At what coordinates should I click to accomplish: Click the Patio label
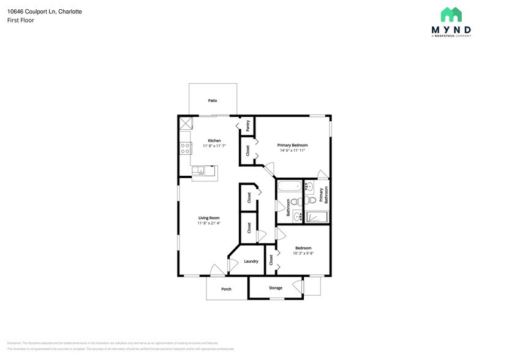tap(213, 100)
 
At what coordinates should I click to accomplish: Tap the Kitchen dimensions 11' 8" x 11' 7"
tap(214, 146)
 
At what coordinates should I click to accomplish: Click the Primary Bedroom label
tap(292, 145)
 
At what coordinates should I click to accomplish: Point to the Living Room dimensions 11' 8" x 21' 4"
tap(209, 223)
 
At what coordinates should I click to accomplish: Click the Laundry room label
tap(251, 261)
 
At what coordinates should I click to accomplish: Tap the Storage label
tap(276, 288)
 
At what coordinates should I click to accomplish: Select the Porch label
tap(226, 289)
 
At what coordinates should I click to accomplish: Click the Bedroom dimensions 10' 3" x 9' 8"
tap(303, 253)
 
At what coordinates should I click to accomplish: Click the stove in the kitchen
tap(184, 147)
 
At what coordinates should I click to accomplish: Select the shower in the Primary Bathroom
tap(317, 216)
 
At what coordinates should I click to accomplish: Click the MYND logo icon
tap(451, 15)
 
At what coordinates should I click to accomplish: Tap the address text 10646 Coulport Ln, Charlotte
tap(45, 12)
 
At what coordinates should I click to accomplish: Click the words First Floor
tap(21, 20)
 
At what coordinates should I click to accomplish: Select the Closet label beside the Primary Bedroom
tap(247, 150)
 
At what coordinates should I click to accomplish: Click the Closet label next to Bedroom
tap(271, 260)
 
